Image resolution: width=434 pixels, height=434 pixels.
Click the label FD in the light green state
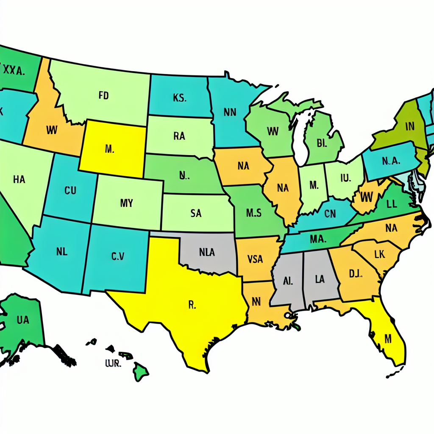(104, 96)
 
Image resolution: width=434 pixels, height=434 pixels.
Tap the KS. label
(179, 98)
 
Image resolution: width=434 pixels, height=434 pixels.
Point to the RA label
(179, 136)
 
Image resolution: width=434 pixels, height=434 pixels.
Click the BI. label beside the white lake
(322, 143)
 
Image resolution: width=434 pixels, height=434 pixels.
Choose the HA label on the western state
(19, 180)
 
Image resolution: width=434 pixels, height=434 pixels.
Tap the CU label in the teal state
(70, 190)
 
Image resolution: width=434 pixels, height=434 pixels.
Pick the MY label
(126, 203)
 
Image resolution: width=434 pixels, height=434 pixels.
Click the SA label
(196, 214)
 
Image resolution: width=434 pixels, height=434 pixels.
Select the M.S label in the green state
(254, 213)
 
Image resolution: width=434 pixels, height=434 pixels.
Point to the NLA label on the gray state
(207, 253)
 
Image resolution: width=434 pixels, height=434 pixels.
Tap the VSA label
(255, 259)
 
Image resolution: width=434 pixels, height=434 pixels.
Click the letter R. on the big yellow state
(191, 305)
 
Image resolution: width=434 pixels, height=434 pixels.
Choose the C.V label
(118, 256)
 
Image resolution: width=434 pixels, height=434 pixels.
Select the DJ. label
(355, 274)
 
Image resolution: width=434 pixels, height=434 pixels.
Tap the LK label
(379, 254)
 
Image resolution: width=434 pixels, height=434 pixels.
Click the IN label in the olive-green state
(409, 126)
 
